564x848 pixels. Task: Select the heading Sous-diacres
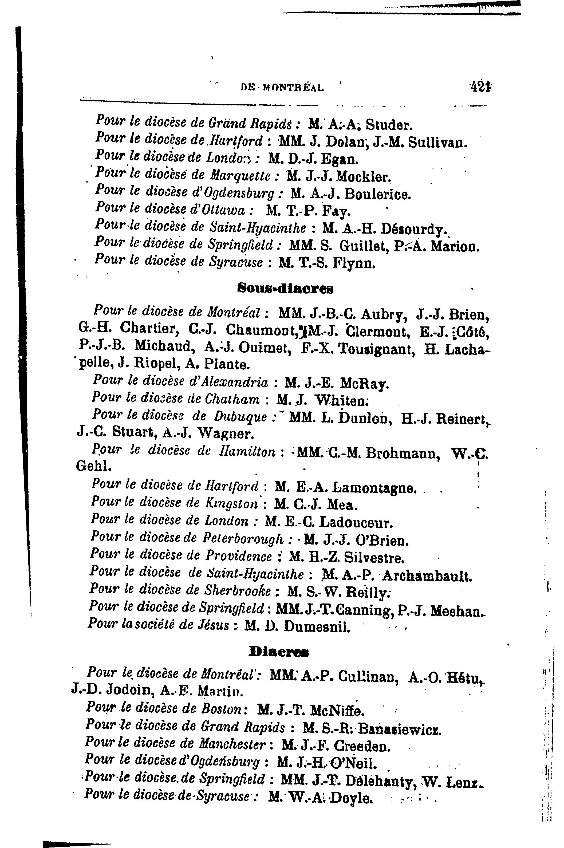point(285,289)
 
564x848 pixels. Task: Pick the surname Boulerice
point(377,194)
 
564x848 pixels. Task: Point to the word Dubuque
point(240,416)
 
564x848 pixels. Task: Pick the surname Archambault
point(427,576)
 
